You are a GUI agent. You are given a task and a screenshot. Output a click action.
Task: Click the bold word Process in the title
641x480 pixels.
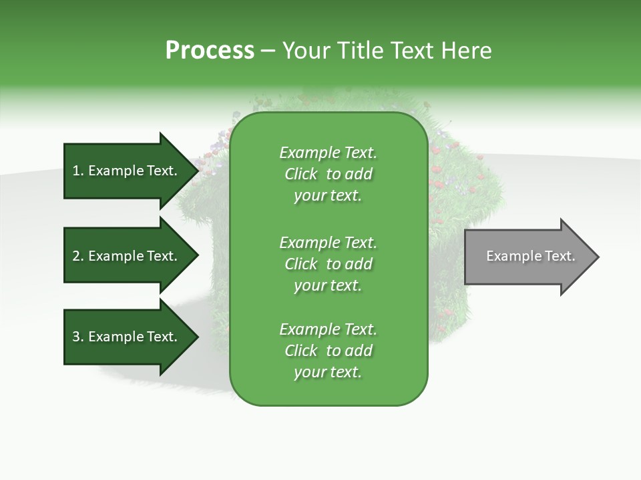(x=209, y=51)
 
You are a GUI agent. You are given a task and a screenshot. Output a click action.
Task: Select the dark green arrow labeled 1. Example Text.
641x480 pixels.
(x=127, y=171)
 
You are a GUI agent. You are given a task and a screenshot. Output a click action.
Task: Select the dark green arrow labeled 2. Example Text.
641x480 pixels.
(x=127, y=256)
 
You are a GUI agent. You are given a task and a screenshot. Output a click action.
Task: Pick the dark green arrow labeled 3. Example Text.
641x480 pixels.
(x=127, y=337)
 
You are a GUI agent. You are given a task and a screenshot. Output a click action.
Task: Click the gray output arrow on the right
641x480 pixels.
(x=527, y=256)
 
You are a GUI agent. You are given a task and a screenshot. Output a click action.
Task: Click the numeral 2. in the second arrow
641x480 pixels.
(x=77, y=256)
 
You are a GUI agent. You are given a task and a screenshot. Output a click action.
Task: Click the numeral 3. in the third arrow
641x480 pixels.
(x=77, y=337)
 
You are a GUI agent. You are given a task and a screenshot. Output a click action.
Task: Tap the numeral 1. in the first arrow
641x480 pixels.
(x=77, y=171)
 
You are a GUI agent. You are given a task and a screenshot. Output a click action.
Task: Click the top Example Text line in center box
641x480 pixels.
(x=328, y=153)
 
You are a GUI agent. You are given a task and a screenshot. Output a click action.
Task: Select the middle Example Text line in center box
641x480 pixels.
(x=328, y=242)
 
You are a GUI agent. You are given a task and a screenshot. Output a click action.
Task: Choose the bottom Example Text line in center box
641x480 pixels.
(x=328, y=329)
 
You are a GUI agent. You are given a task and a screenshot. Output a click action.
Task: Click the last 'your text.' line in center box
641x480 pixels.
(x=328, y=372)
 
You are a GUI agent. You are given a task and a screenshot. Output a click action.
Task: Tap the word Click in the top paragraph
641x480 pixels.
(x=300, y=174)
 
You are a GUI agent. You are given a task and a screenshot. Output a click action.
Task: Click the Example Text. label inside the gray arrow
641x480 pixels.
(x=530, y=256)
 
